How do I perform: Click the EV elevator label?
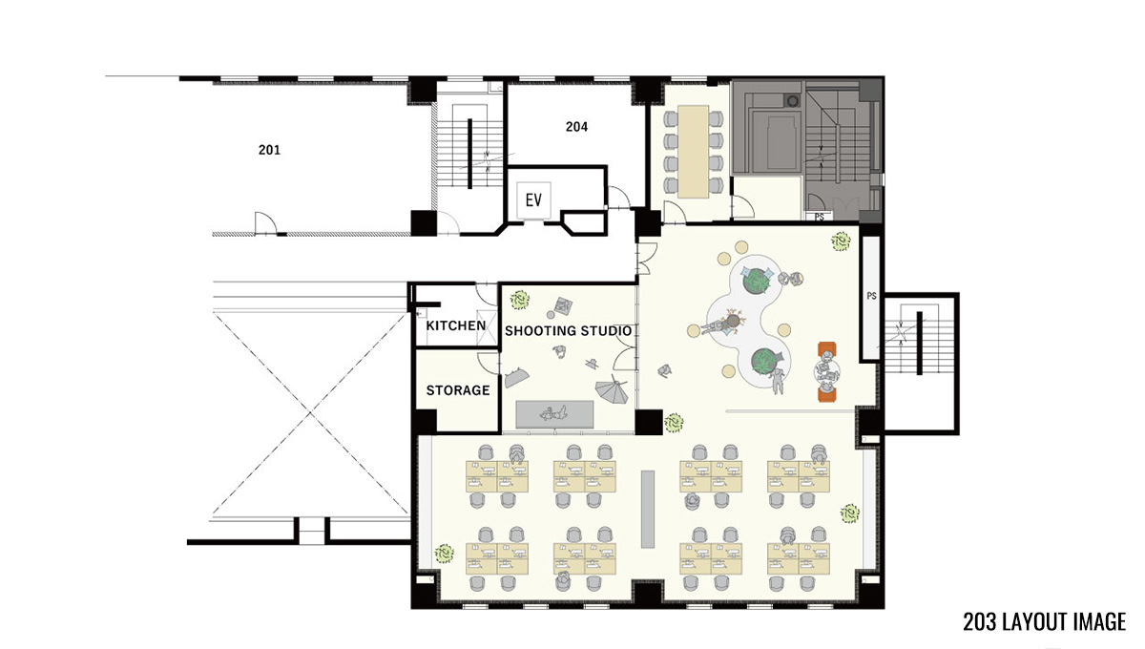[533, 200]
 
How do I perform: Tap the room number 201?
[269, 150]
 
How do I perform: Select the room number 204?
[576, 126]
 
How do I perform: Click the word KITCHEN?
[456, 325]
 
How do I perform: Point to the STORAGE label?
[458, 390]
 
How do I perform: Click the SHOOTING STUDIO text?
[569, 331]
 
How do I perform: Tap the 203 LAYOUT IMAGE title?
[1044, 621]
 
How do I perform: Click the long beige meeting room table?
[693, 152]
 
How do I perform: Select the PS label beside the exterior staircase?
[871, 296]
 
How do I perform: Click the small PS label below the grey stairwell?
[820, 217]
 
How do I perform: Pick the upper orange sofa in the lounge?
[827, 350]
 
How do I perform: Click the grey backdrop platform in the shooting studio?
[554, 414]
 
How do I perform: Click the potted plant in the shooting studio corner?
[520, 300]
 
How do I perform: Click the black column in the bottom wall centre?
[648, 594]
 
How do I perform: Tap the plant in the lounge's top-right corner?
[841, 241]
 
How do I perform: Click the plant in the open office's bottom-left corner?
[445, 554]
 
